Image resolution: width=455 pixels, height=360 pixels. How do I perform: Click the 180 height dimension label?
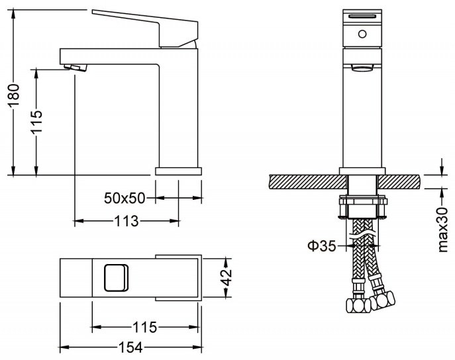(x=14, y=96)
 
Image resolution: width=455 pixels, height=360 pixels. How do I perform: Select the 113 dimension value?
(x=126, y=222)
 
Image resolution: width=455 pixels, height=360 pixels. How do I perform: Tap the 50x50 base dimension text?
(x=125, y=199)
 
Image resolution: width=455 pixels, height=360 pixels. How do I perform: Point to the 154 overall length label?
(x=130, y=347)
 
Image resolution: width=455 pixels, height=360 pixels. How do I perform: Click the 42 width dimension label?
(x=227, y=277)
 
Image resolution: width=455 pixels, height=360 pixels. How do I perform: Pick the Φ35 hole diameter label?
(x=322, y=246)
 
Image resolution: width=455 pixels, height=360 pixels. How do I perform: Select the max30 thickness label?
(x=443, y=230)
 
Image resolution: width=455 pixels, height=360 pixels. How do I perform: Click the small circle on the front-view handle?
(x=362, y=34)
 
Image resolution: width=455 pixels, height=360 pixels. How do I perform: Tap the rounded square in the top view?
(x=116, y=278)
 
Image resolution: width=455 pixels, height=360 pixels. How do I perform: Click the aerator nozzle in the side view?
(x=76, y=67)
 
